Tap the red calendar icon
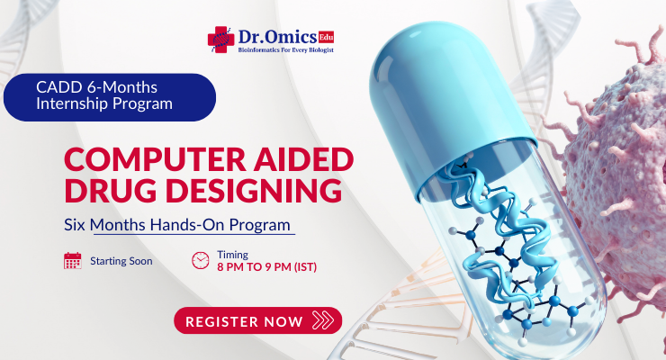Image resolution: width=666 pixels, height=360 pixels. (73, 261)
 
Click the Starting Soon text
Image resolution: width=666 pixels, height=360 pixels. (121, 261)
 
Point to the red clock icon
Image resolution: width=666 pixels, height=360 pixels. (200, 261)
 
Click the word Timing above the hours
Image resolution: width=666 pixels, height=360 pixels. (233, 255)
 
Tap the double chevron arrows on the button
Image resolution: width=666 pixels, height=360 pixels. (320, 320)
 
